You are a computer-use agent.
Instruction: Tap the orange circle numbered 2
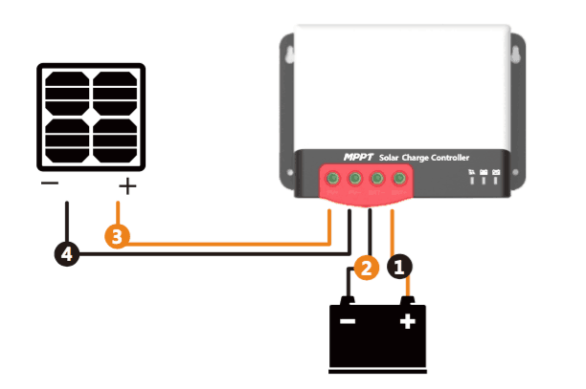(x=364, y=270)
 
